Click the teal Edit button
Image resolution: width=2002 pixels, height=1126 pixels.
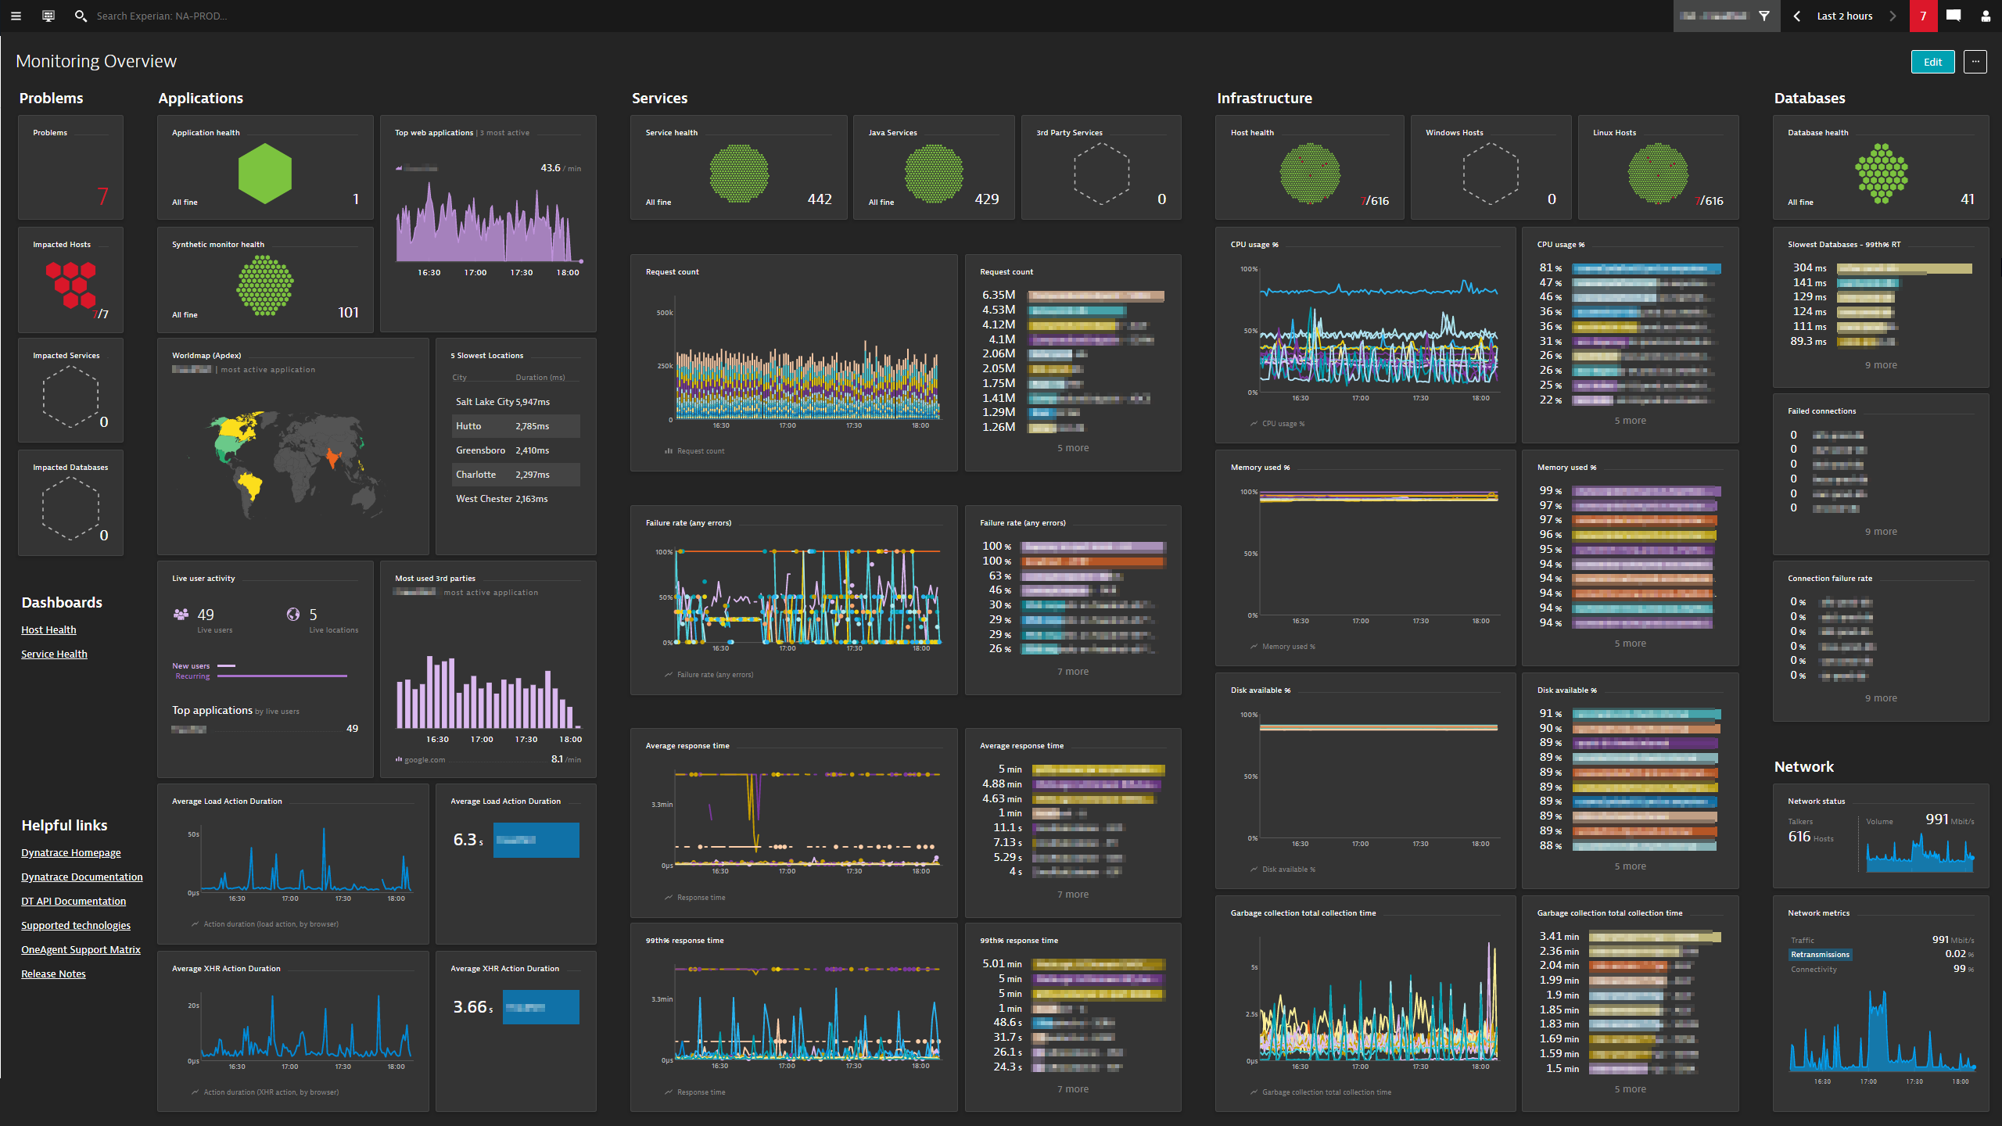(1932, 62)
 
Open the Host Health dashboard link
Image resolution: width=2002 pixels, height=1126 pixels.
(48, 629)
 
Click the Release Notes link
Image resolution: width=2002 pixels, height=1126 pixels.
(53, 974)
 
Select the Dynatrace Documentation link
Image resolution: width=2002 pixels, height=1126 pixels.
(81, 877)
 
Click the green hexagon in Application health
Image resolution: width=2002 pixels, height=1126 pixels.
(265, 174)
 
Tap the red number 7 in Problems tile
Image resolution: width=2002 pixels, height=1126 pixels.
(102, 195)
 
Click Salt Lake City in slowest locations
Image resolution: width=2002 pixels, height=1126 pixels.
(484, 402)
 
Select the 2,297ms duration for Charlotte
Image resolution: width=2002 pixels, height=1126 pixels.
(532, 475)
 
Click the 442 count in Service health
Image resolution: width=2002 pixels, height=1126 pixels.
(819, 199)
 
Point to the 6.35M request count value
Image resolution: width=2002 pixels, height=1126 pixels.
(999, 295)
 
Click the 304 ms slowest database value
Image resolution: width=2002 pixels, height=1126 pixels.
(1809, 267)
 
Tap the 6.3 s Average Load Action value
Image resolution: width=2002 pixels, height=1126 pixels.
(468, 840)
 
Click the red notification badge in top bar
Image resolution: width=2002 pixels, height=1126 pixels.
(1922, 16)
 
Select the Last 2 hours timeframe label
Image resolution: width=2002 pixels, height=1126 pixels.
(1844, 16)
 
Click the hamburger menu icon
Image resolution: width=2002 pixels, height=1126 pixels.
(16, 16)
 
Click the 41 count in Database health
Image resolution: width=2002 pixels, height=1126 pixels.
(1967, 199)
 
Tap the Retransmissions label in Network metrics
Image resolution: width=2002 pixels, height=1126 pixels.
(1820, 955)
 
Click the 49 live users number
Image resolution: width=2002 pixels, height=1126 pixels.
(206, 615)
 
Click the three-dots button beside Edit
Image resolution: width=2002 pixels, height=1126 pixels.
(1975, 62)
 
